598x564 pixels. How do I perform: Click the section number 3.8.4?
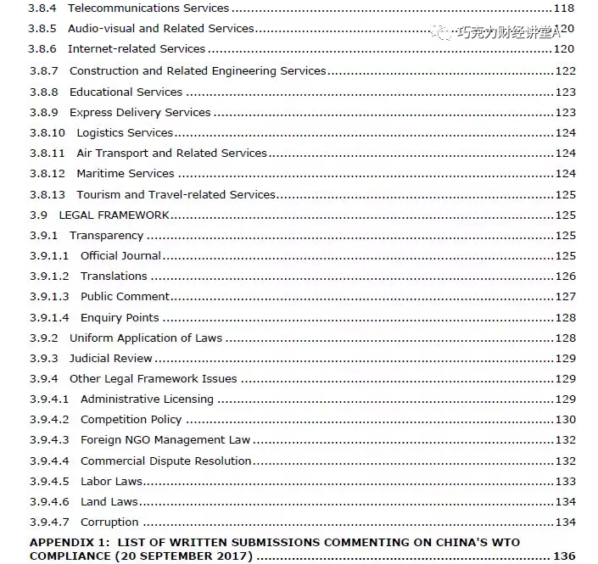point(43,8)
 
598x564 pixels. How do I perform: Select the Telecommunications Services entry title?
point(148,8)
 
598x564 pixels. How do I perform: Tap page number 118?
point(564,8)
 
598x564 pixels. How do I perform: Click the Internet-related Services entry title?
point(137,49)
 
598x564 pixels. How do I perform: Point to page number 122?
point(565,71)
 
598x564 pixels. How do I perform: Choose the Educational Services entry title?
point(126,92)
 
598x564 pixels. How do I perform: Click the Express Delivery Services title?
point(140,112)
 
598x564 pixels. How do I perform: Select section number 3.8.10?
point(48,133)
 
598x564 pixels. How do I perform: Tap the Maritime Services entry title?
point(125,174)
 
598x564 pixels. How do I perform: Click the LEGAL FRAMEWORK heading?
point(114,215)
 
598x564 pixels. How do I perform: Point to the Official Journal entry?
point(120,256)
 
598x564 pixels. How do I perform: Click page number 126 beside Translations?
point(565,276)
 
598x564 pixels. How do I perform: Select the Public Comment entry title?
point(125,297)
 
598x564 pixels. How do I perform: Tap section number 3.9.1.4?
point(49,318)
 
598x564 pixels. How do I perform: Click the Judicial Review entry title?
point(111,359)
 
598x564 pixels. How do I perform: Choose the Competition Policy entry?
point(131,420)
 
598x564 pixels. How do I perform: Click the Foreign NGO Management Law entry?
point(165,440)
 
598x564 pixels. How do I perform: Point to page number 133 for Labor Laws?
point(565,482)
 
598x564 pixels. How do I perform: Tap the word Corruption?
point(109,522)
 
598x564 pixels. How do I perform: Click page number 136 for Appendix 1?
point(564,556)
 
